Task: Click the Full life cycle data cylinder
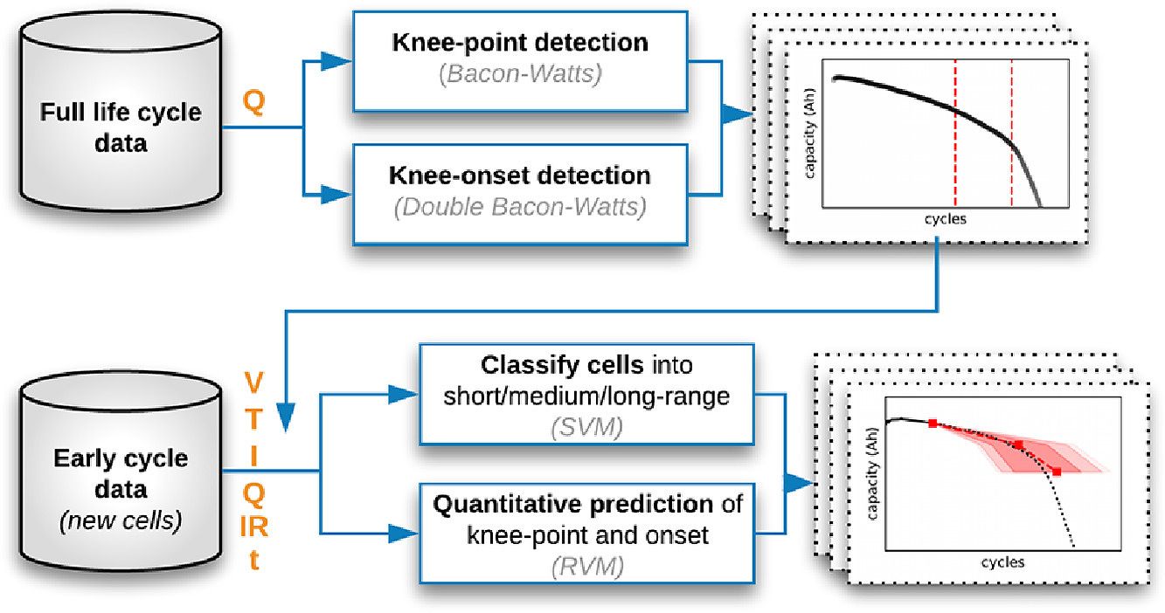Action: click(121, 111)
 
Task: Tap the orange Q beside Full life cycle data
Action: click(253, 102)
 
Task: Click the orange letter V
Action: click(253, 382)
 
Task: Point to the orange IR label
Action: click(253, 527)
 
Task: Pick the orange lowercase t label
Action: click(254, 560)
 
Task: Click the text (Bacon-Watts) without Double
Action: click(520, 73)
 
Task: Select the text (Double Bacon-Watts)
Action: click(520, 207)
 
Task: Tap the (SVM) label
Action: click(586, 428)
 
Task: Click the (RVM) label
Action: click(587, 566)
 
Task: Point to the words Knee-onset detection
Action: click(519, 176)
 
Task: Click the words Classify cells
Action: click(562, 365)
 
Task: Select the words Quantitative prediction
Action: click(573, 505)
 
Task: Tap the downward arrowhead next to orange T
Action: click(286, 418)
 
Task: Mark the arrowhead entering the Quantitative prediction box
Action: click(404, 534)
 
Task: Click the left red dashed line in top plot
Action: click(955, 134)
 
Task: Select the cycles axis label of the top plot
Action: click(945, 218)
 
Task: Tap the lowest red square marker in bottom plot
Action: click(1057, 472)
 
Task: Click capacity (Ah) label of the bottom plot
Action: click(873, 473)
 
